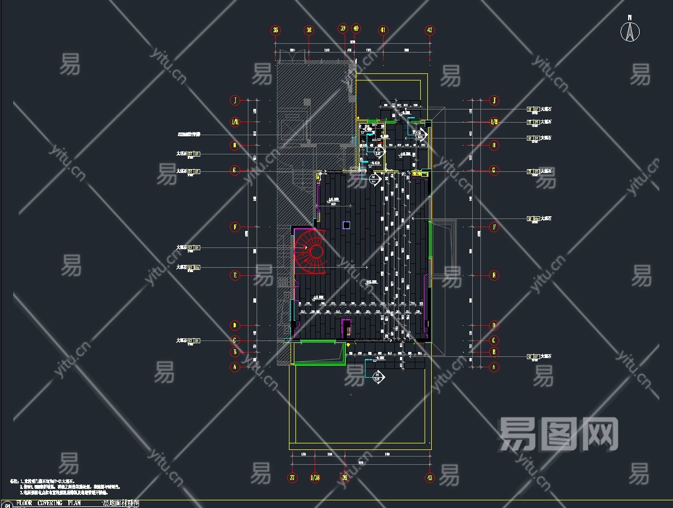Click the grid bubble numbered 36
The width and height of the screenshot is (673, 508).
[275, 31]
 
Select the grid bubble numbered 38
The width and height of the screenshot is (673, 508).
[309, 31]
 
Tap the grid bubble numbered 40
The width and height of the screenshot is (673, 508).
[356, 28]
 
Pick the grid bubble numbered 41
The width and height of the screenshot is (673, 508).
[383, 31]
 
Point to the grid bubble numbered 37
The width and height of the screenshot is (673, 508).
[293, 477]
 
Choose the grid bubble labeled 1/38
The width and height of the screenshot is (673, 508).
[315, 477]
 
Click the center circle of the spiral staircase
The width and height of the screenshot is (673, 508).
[316, 251]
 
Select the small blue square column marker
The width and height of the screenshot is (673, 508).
[346, 224]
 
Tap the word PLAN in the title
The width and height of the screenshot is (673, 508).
[88, 503]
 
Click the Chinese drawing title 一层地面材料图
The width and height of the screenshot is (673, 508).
[120, 503]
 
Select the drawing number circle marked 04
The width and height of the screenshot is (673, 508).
[7, 505]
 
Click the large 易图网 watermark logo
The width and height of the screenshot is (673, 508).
[558, 434]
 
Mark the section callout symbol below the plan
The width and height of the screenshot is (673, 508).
[378, 376]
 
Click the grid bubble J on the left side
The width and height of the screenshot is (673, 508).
[235, 100]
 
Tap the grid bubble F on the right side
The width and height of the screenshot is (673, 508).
[494, 226]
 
